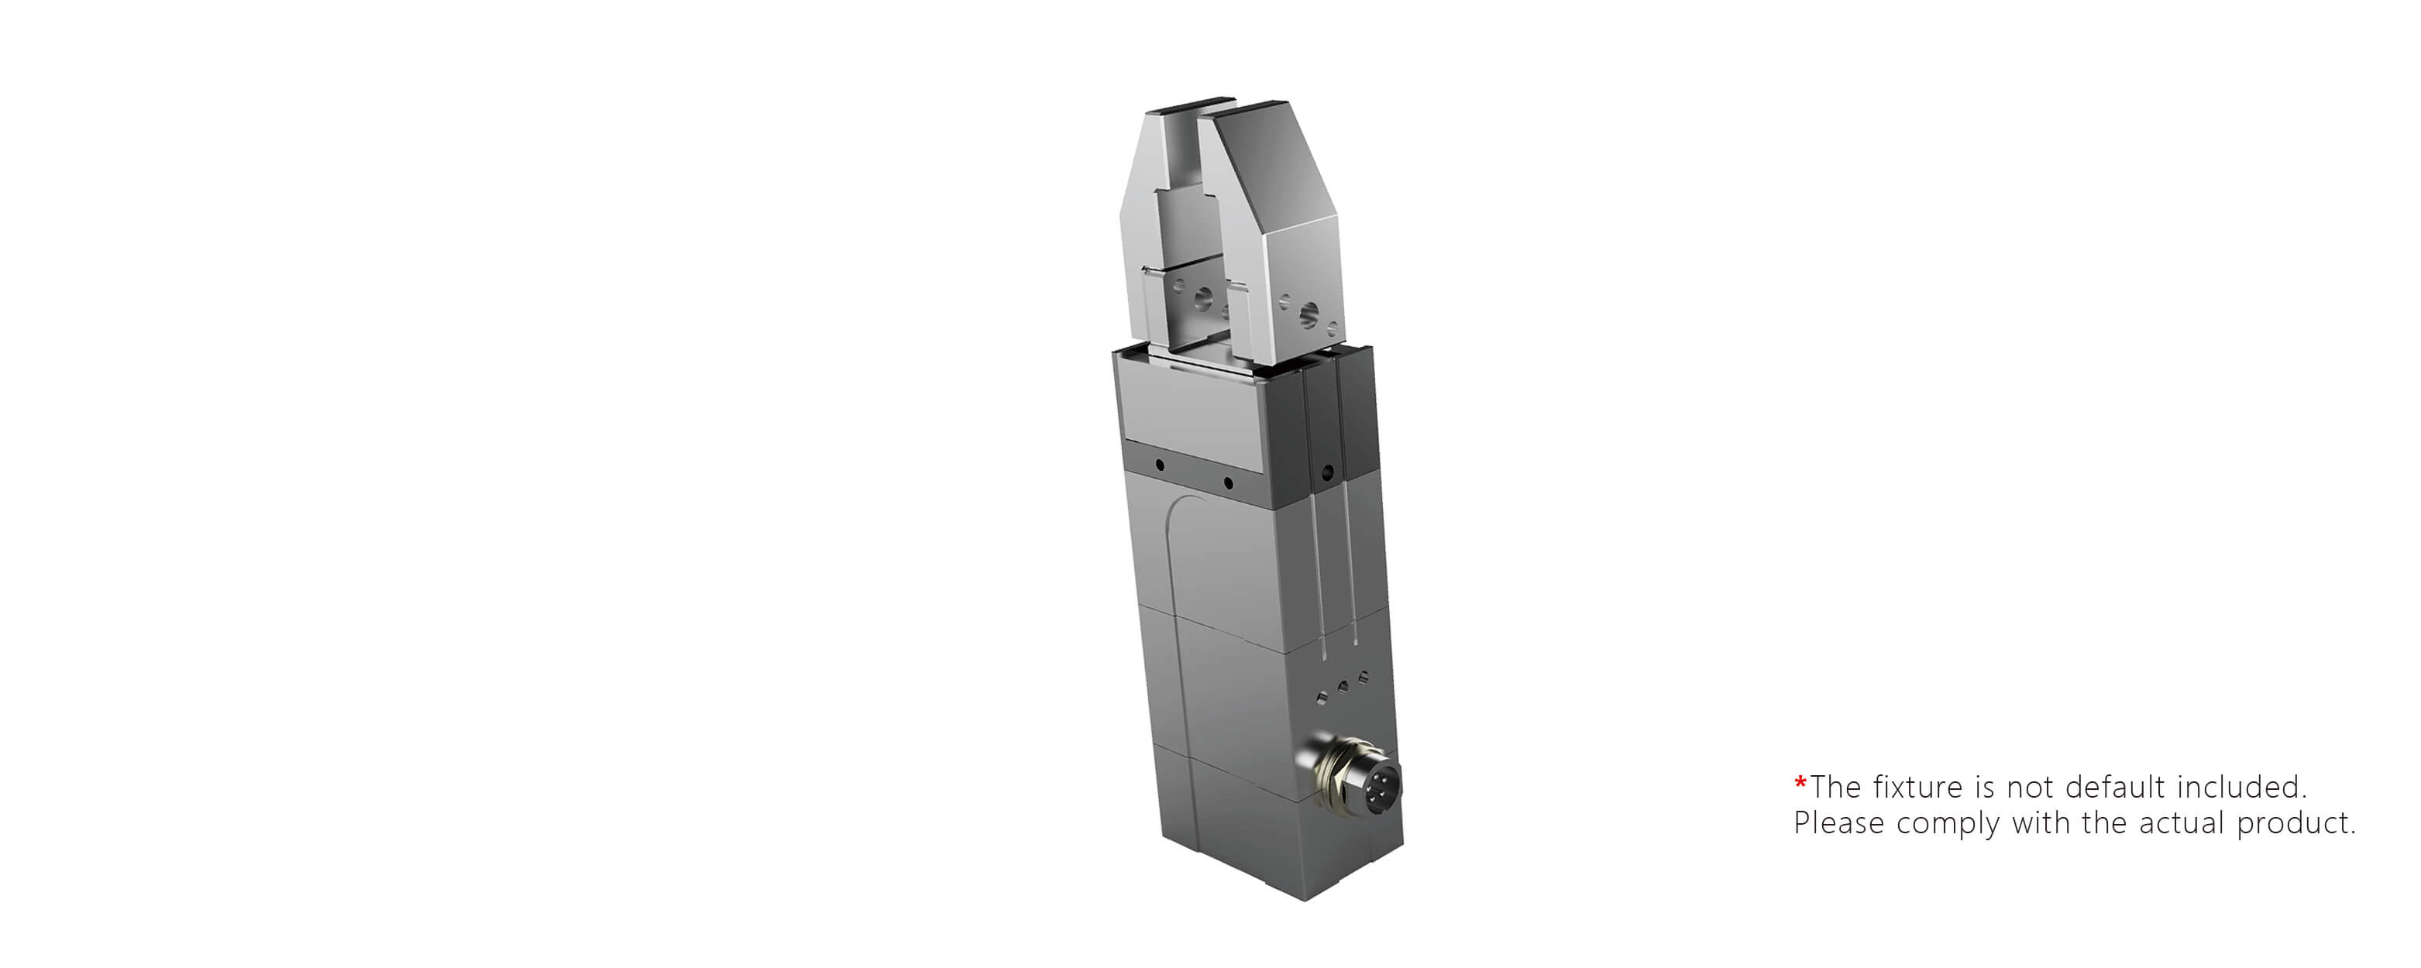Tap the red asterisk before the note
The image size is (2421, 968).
1800,783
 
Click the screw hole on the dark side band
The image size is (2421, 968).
1327,472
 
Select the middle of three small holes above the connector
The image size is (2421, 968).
1343,687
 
